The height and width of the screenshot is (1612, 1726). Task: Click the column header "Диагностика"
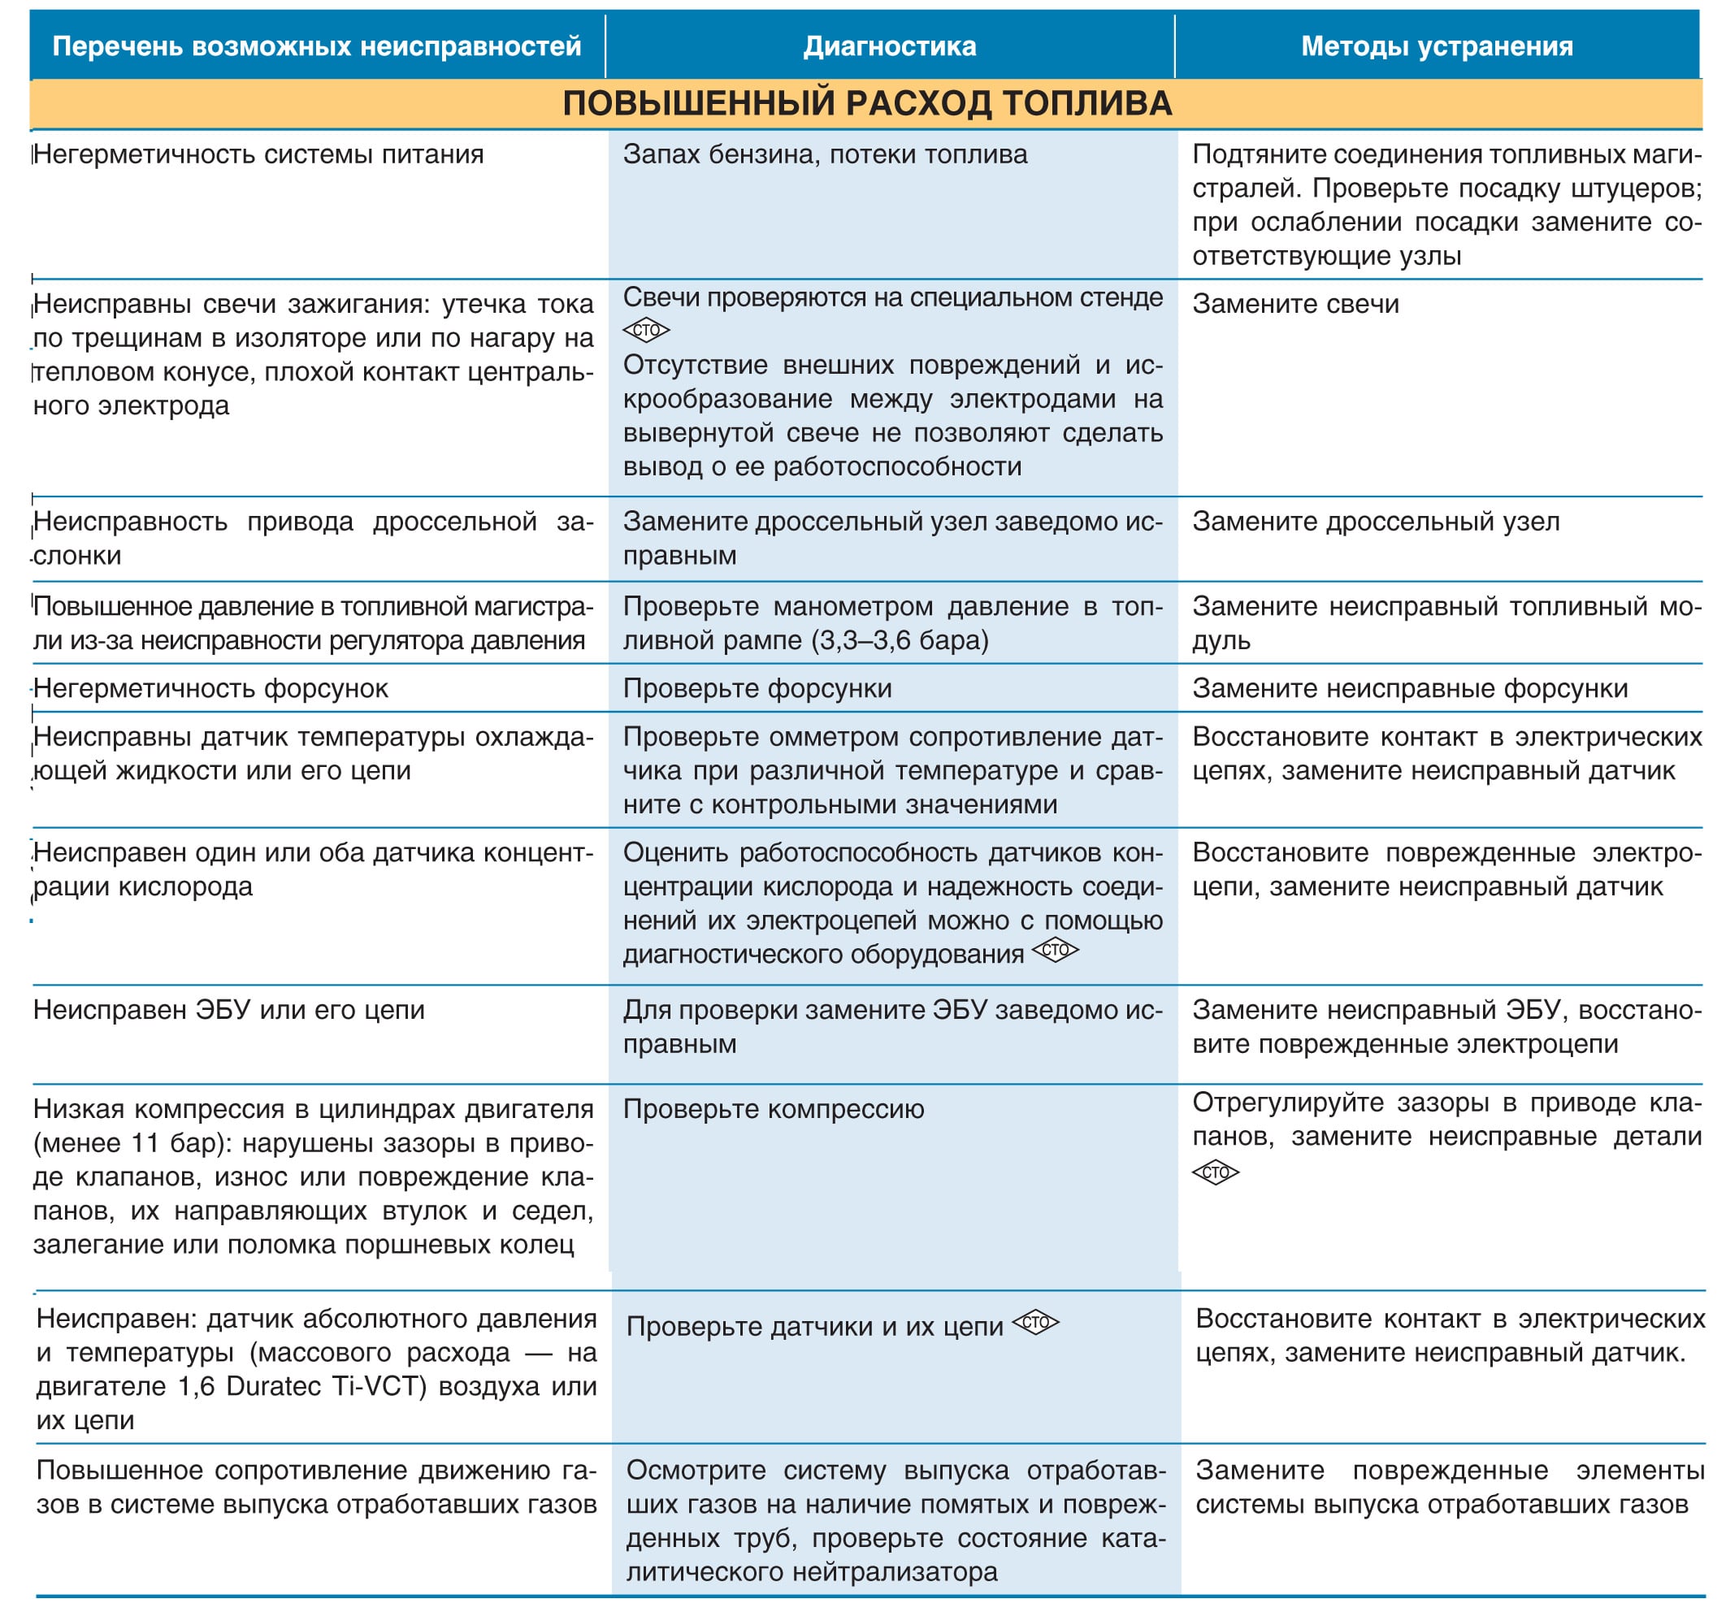tap(889, 46)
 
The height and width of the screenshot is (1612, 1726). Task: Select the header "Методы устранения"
tap(1436, 46)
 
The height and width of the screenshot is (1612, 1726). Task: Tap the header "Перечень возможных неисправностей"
tap(317, 46)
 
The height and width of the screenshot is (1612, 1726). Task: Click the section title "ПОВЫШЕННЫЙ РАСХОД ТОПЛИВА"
tap(866, 103)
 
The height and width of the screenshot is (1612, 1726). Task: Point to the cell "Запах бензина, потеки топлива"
tap(825, 154)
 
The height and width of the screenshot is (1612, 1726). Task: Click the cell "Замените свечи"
tap(1295, 304)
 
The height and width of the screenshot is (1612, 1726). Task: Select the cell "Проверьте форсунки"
tap(757, 688)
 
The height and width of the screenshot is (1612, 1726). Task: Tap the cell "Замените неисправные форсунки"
tap(1409, 688)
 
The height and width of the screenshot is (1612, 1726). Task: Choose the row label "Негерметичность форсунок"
tap(211, 688)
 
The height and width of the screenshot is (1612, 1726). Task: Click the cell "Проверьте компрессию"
tap(773, 1108)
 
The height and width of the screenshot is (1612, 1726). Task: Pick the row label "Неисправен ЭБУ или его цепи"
tap(229, 1010)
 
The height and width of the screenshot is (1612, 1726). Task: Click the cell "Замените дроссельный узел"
tap(1375, 522)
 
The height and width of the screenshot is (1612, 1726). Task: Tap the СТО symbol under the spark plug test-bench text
tap(646, 331)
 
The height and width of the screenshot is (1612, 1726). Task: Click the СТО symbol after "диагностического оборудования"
tap(1055, 951)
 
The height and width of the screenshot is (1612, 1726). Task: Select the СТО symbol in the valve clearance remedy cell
tap(1215, 1172)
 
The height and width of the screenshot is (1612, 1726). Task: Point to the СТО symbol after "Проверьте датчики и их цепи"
tap(1036, 1323)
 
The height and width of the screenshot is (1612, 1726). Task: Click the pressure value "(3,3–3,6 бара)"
tap(900, 640)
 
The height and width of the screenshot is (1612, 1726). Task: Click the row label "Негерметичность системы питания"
tap(258, 154)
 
